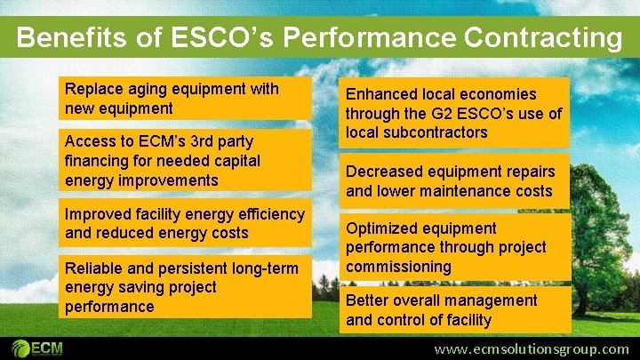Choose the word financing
99,161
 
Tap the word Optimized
384,228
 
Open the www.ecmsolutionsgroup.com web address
531,348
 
